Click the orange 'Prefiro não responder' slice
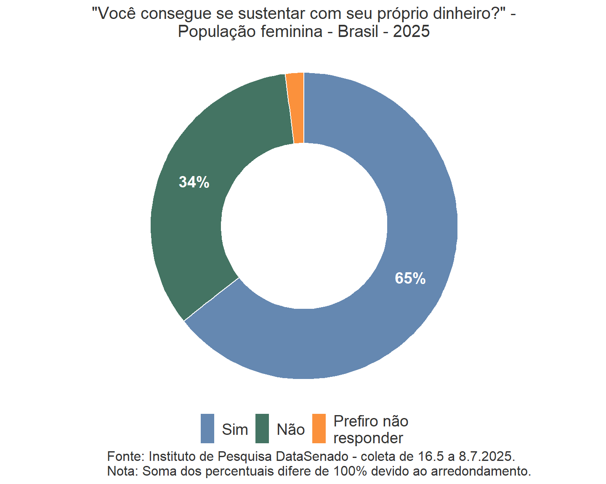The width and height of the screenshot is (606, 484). coord(296,108)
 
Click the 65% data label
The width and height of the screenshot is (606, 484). coord(410,278)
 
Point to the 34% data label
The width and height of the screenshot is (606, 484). coord(194,182)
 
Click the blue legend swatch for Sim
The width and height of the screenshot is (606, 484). coord(207,429)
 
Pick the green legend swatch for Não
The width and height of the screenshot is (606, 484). coord(262,429)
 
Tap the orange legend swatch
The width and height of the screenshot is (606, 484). coord(319,429)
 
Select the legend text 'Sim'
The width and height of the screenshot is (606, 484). coord(235,429)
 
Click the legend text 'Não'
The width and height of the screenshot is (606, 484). coord(291,429)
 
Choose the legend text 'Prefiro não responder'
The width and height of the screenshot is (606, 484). coord(370,429)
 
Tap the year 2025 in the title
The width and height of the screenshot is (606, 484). coord(411,32)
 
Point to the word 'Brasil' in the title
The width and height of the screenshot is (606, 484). coord(358,32)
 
